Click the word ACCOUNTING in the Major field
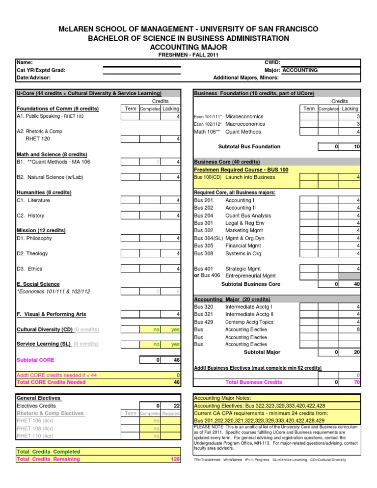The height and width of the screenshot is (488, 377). (x=300, y=70)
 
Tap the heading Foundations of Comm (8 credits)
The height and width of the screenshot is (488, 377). (x=57, y=108)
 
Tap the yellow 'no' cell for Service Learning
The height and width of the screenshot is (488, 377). (x=155, y=346)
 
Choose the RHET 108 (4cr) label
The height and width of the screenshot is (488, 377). (x=36, y=428)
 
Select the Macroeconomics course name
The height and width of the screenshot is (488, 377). (x=248, y=124)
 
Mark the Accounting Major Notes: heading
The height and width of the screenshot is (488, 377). (x=223, y=398)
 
